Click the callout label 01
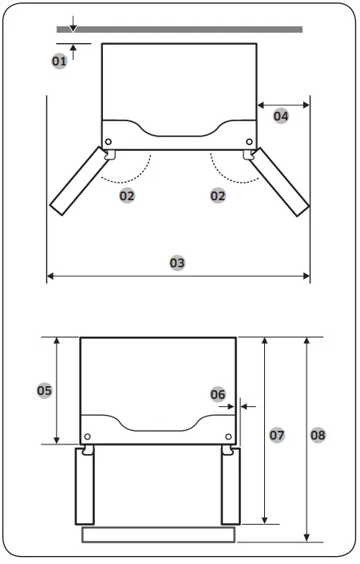[59, 61]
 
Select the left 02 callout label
[126, 195]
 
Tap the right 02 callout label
[217, 195]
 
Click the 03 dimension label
[178, 262]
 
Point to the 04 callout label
[280, 116]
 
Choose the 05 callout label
[45, 390]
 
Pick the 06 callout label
[218, 394]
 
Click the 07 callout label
[276, 435]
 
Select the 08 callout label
[318, 435]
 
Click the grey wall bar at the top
[180, 30]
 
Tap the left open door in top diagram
[79, 180]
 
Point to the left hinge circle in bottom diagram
[87, 436]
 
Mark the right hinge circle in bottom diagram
[229, 436]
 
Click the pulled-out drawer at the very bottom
[158, 534]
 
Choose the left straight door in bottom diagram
[84, 485]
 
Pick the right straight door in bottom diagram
[230, 485]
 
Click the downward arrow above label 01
[73, 26]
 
